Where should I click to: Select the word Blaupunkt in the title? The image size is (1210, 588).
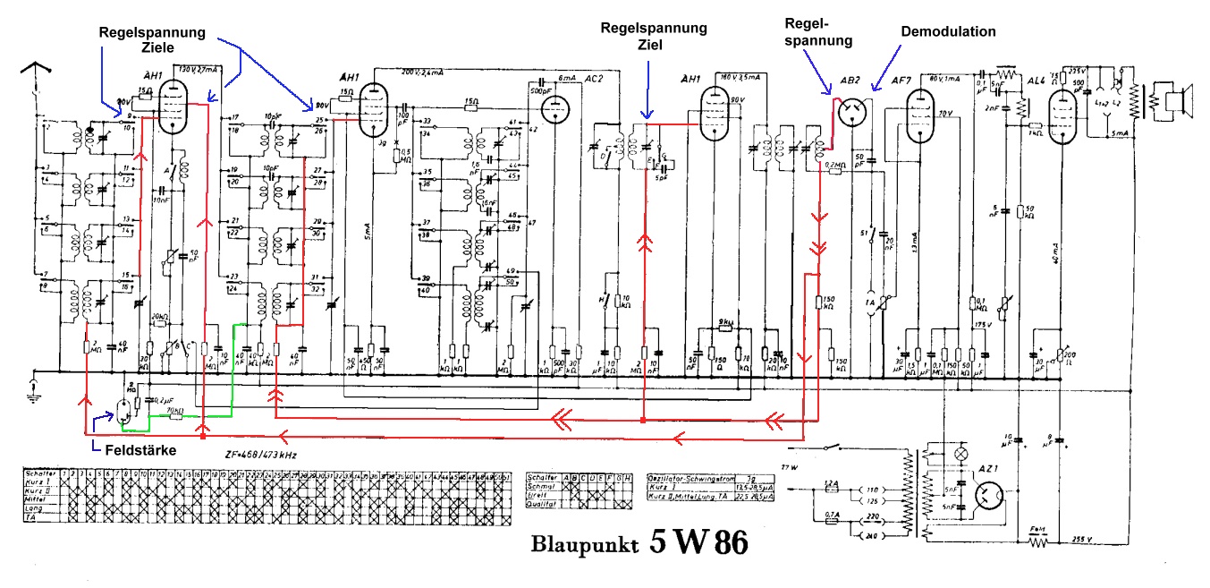click(x=580, y=545)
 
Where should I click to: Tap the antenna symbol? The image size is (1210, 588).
click(x=35, y=67)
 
